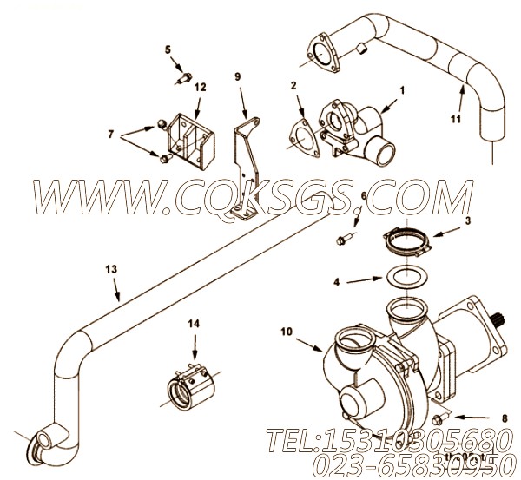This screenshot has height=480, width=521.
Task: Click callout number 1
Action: (402, 89)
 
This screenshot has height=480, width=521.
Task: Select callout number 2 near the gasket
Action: (294, 85)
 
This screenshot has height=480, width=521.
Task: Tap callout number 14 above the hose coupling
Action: (195, 325)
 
